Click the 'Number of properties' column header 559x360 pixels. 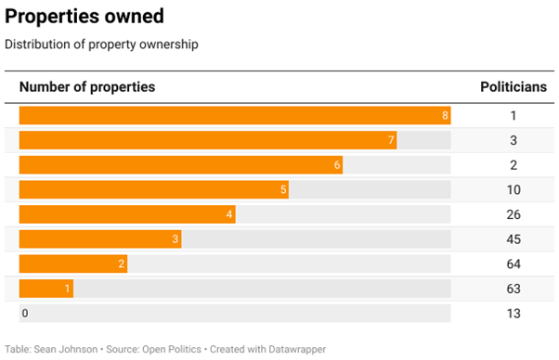(x=87, y=87)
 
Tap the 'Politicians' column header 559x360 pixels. (x=513, y=87)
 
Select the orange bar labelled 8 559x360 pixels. (x=235, y=116)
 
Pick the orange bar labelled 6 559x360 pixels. (x=181, y=165)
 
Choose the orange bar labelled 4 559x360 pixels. (x=127, y=214)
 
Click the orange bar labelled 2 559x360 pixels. (x=73, y=264)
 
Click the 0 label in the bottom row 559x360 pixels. (x=25, y=314)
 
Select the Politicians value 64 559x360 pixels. (x=513, y=264)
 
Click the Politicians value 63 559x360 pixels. (x=513, y=289)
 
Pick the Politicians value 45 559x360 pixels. (x=513, y=239)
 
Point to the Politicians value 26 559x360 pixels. (x=513, y=214)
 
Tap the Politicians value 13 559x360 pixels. (x=513, y=314)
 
